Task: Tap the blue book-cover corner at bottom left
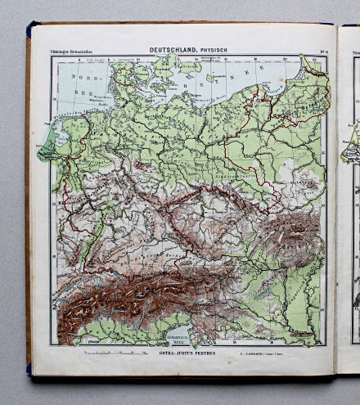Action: pos(30,371)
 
